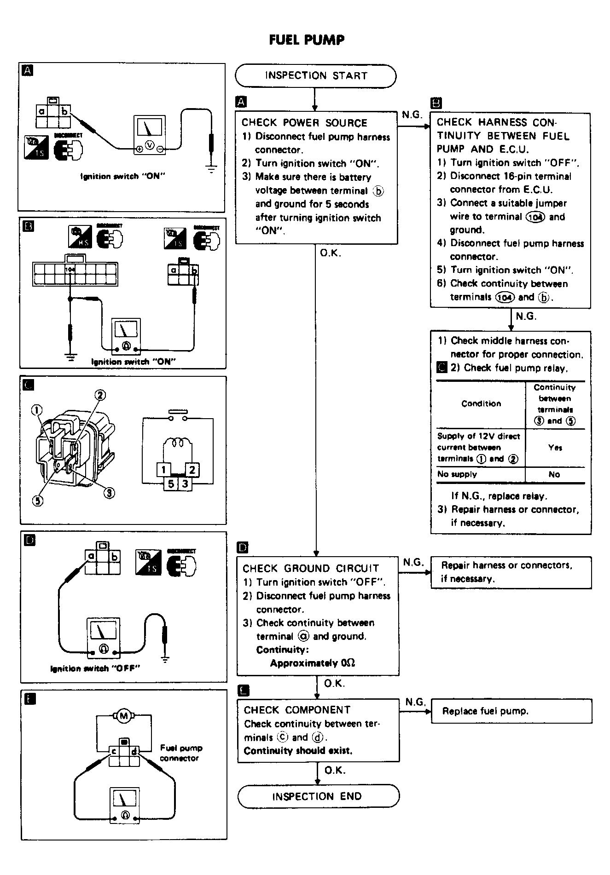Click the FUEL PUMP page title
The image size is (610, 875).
pyautogui.click(x=307, y=40)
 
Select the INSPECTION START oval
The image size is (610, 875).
pyautogui.click(x=315, y=76)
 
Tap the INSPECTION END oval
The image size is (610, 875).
pyautogui.click(x=318, y=796)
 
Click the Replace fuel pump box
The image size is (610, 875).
pyautogui.click(x=511, y=711)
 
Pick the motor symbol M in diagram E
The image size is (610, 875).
pyautogui.click(x=123, y=716)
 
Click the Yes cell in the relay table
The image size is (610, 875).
pyautogui.click(x=555, y=448)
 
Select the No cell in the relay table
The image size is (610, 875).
pyautogui.click(x=554, y=474)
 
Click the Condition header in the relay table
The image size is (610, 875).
pyautogui.click(x=481, y=403)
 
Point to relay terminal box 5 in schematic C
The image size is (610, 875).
pyautogui.click(x=171, y=484)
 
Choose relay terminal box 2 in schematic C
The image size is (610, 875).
pyautogui.click(x=192, y=470)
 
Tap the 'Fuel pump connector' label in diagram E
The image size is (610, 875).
pyautogui.click(x=180, y=753)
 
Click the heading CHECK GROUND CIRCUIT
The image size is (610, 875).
pyautogui.click(x=311, y=569)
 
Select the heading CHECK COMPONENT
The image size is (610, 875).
pyautogui.click(x=297, y=710)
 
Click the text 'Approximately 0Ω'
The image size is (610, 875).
pyautogui.click(x=312, y=663)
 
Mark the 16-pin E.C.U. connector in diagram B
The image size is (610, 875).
pyautogui.click(x=75, y=274)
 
